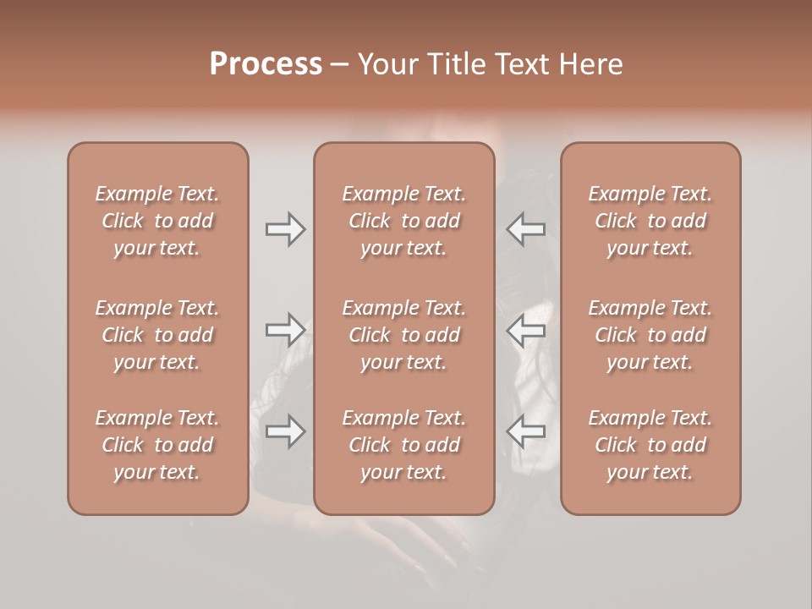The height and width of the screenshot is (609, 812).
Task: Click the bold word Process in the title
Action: [266, 64]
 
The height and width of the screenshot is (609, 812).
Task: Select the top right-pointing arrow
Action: [285, 229]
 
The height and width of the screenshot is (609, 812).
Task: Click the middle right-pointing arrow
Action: [285, 330]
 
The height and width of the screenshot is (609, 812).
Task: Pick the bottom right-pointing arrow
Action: [285, 431]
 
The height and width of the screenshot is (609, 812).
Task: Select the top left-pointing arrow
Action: [525, 229]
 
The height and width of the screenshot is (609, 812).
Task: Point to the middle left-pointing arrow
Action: [525, 330]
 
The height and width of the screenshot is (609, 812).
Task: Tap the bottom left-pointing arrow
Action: [525, 431]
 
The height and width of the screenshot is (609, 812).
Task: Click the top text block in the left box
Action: [157, 221]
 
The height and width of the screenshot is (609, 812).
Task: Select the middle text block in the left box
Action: [157, 335]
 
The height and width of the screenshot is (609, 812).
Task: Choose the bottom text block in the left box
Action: [157, 445]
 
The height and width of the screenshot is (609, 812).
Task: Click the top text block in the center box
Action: [404, 221]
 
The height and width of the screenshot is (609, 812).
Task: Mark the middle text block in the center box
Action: [404, 335]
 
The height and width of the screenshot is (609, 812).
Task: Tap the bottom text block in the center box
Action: [404, 445]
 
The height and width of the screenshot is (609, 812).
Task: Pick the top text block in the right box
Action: [650, 221]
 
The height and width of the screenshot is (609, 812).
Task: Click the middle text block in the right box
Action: [650, 335]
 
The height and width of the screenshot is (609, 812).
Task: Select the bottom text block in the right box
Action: [650, 445]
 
